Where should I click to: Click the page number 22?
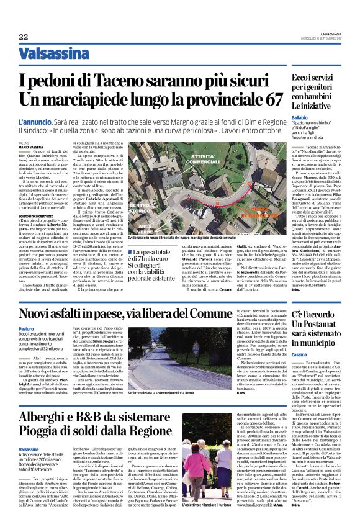(23, 37)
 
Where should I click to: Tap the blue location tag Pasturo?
(27, 345)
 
